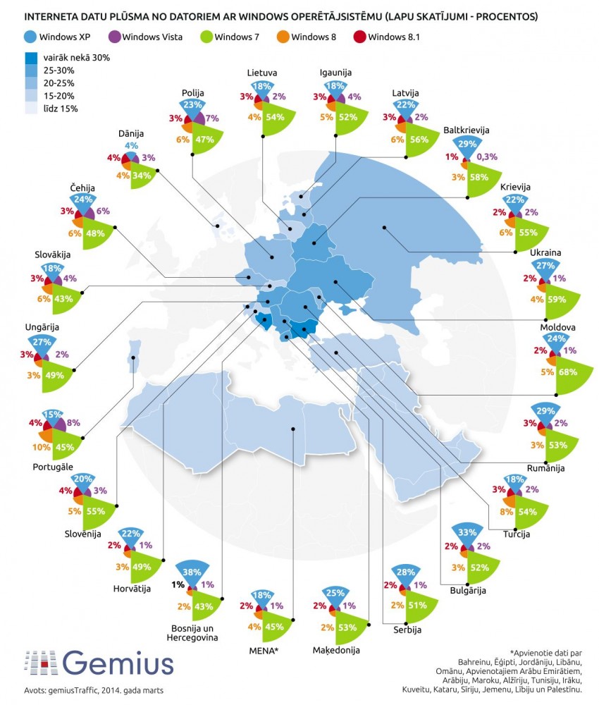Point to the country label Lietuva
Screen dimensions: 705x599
coord(261,73)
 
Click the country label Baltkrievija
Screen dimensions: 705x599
coord(467,130)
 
